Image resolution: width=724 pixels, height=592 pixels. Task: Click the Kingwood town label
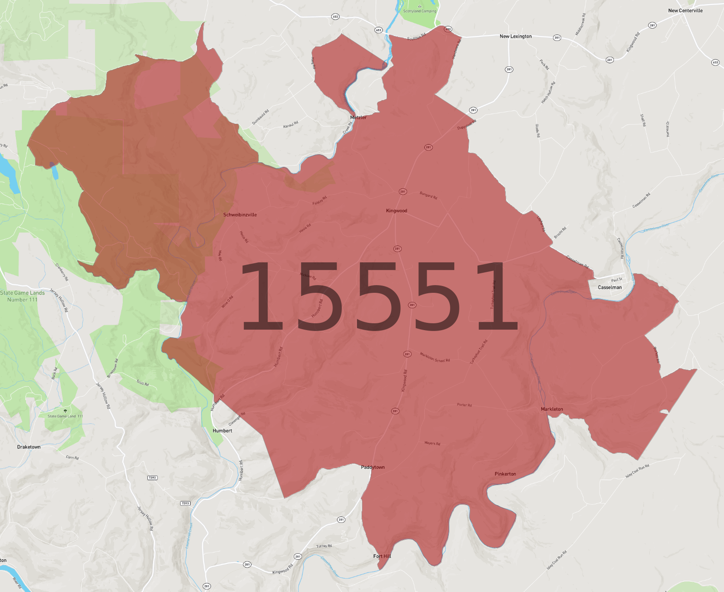(397, 211)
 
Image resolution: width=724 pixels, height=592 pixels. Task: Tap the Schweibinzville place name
(240, 215)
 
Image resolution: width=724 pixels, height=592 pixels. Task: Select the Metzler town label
(358, 117)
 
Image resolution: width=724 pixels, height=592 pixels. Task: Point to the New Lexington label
(515, 36)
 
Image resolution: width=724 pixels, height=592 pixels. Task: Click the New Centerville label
(685, 10)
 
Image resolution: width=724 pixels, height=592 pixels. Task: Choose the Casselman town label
(609, 287)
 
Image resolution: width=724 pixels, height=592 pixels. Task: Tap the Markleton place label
(552, 409)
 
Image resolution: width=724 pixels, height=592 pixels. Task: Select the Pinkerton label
(505, 474)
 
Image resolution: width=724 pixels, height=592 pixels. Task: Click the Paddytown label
(373, 467)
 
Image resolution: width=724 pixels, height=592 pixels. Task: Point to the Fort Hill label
(382, 556)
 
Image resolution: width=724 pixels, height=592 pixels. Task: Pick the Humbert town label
(222, 431)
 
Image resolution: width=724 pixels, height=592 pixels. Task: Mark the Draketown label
(29, 447)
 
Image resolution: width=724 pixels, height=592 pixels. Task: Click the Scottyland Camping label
(419, 11)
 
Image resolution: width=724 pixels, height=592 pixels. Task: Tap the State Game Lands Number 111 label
(22, 296)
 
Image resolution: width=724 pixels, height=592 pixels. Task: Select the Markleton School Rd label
(435, 357)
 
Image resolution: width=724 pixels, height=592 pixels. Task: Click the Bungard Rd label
(428, 195)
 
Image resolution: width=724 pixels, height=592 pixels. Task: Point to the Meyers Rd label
(432, 443)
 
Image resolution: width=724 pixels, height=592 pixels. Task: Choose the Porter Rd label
(464, 405)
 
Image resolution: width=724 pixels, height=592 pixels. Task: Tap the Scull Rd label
(143, 383)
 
